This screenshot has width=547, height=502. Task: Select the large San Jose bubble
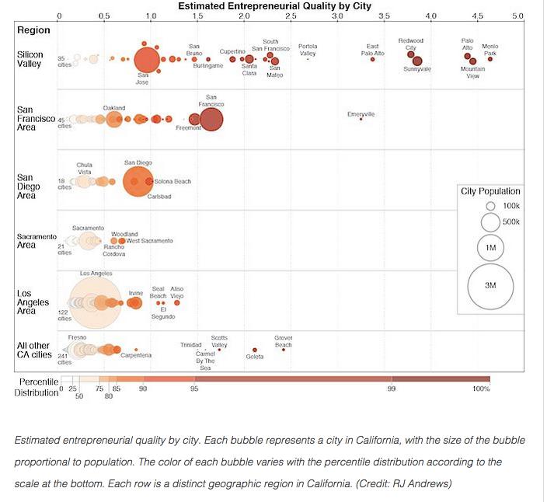[x=146, y=60]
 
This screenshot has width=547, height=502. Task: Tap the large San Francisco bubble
[x=211, y=119]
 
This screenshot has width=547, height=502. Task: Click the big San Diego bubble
[x=138, y=182]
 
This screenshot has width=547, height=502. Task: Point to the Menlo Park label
[x=490, y=50]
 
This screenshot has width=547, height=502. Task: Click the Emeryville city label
[x=361, y=114]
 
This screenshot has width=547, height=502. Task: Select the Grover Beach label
[x=284, y=341]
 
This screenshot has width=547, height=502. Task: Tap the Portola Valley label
[x=308, y=50]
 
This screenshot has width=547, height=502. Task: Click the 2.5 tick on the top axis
[x=291, y=16]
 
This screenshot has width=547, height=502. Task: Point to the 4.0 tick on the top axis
[x=431, y=16]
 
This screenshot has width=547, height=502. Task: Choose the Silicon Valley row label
[x=30, y=59]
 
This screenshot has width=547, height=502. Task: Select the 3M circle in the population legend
[x=490, y=286]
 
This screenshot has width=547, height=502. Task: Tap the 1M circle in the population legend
[x=490, y=246]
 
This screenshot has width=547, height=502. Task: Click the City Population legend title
[x=490, y=191]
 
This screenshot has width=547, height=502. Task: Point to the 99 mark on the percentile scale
[x=392, y=388]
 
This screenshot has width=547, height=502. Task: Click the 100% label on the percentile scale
[x=481, y=388]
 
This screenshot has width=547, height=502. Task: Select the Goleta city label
[x=255, y=357]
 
